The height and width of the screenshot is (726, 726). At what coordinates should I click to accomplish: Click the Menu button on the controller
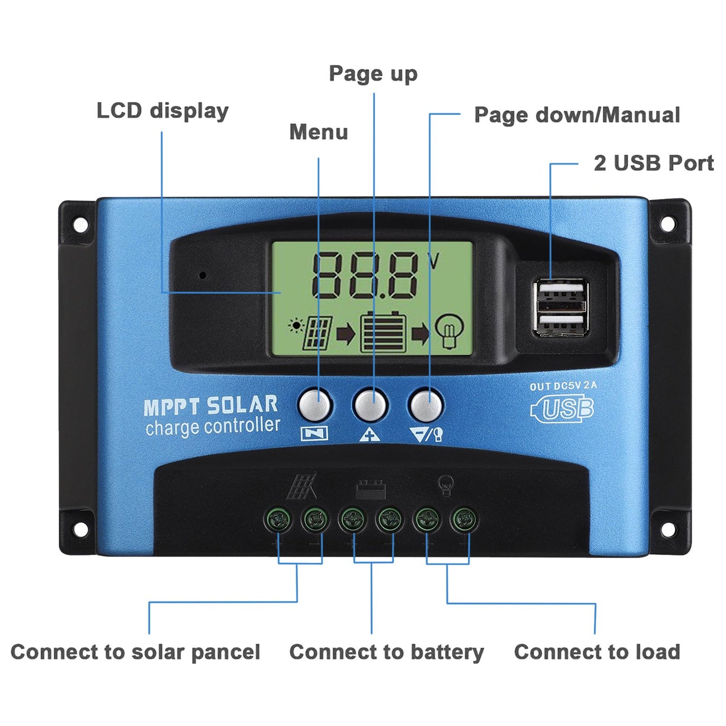tap(315, 405)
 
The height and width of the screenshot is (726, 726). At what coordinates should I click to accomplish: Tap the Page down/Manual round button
tap(426, 405)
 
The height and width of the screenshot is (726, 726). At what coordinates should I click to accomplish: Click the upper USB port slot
tap(561, 291)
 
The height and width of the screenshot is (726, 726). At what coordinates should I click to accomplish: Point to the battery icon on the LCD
tap(383, 332)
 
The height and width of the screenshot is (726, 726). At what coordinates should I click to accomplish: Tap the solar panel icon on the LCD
tap(317, 333)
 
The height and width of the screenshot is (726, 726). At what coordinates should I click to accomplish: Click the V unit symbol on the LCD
tap(433, 261)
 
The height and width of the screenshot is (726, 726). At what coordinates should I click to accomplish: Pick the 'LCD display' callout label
tap(162, 111)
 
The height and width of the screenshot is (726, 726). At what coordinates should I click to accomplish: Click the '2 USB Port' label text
tap(653, 163)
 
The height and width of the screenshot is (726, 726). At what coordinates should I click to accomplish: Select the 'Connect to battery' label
tap(386, 652)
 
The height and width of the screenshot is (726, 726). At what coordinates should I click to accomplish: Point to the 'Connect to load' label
tap(597, 652)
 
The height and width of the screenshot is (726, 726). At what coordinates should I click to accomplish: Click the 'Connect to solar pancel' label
tap(135, 652)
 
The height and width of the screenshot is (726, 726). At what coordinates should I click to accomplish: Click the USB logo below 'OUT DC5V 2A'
tap(563, 408)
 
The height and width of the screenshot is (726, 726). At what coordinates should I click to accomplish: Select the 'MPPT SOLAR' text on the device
tap(211, 405)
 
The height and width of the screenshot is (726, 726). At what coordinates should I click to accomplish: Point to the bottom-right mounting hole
tap(667, 529)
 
